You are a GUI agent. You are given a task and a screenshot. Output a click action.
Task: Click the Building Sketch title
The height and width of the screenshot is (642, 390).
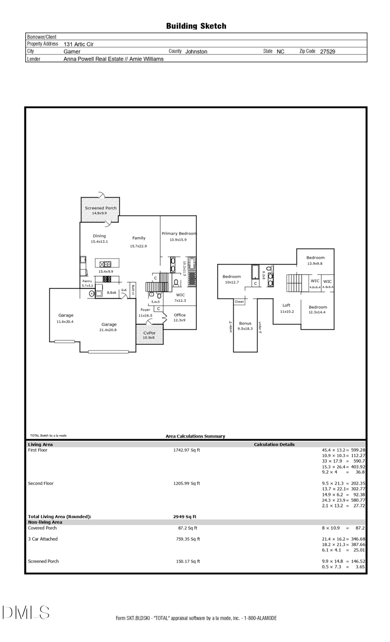(x=196, y=26)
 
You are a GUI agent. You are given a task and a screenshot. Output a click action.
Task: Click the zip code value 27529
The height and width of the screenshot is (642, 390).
(x=328, y=51)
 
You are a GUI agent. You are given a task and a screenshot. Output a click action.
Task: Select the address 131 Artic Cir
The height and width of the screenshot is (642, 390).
(x=78, y=44)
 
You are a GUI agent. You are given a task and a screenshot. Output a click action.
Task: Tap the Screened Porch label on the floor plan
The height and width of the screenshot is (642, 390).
(x=101, y=208)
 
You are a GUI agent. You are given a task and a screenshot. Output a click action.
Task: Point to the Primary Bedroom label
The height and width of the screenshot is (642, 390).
(x=179, y=233)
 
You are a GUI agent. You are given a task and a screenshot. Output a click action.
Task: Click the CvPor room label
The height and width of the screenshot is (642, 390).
(x=149, y=333)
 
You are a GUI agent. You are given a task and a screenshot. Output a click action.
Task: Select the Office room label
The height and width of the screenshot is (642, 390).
(x=179, y=315)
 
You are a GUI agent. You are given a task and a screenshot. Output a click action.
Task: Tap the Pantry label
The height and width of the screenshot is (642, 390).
(x=87, y=281)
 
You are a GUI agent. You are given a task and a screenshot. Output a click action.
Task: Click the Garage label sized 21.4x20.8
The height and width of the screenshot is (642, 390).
(x=109, y=324)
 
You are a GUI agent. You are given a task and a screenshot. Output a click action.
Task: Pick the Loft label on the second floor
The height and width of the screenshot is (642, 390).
(x=286, y=305)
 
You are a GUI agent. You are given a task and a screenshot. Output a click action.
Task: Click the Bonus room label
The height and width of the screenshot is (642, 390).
(x=245, y=323)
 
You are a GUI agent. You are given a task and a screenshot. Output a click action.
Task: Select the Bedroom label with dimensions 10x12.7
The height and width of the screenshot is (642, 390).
(x=231, y=277)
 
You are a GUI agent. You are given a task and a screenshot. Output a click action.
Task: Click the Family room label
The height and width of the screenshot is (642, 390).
(x=139, y=238)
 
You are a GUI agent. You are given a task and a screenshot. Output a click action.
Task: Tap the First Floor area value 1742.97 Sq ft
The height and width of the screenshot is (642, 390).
(x=186, y=450)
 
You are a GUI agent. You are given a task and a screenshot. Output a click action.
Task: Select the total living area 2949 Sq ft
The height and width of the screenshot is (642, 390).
(x=185, y=516)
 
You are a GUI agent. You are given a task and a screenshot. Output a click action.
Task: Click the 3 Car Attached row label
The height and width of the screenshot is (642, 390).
(x=42, y=539)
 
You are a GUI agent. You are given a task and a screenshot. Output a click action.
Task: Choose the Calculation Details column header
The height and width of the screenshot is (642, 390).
(x=274, y=444)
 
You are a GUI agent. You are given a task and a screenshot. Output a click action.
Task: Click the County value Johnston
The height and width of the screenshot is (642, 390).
(x=196, y=52)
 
